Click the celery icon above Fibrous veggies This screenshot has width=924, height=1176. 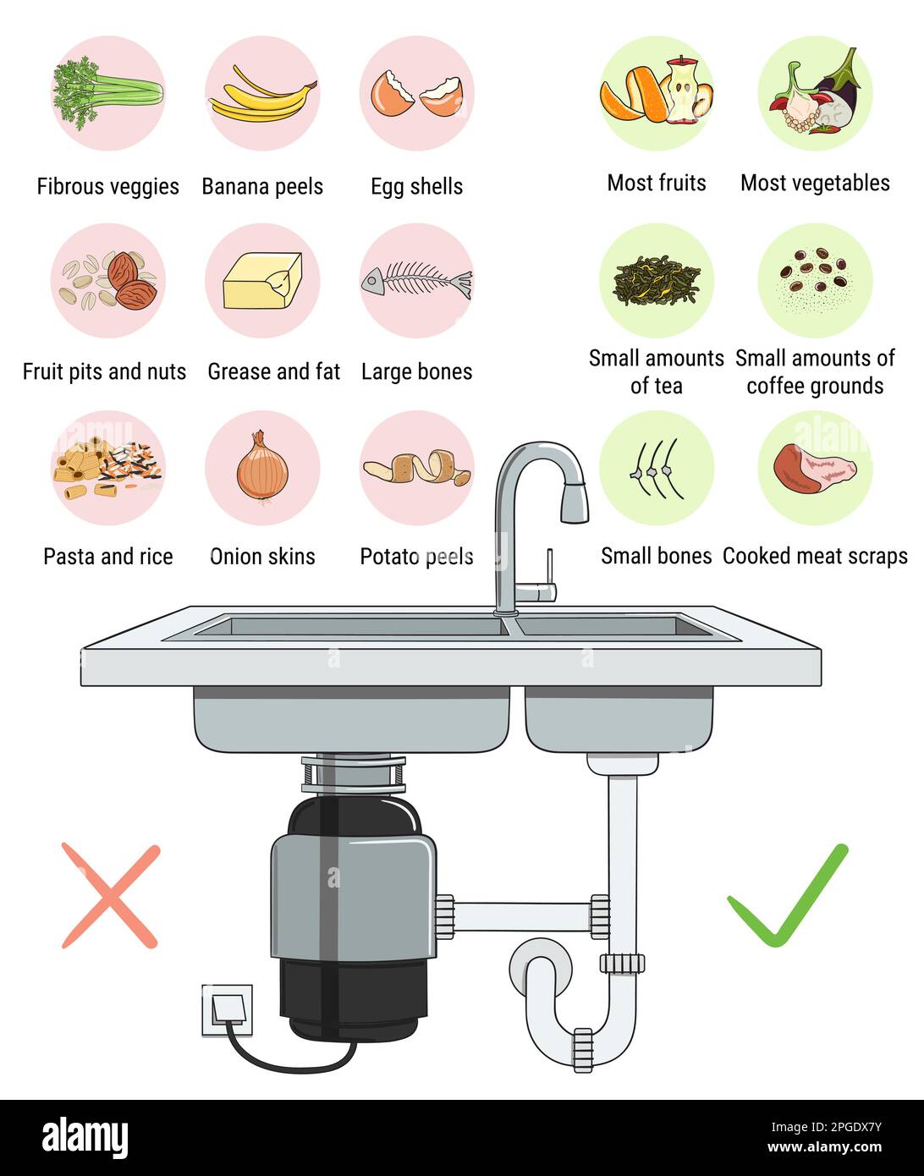point(107,92)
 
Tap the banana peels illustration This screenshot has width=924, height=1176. point(262,95)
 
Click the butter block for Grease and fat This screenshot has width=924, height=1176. point(262,281)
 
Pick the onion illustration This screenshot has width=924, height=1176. point(262,468)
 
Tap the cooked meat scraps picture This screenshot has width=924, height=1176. point(814,468)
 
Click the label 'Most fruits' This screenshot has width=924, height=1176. point(657,183)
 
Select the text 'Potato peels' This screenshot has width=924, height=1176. point(416,557)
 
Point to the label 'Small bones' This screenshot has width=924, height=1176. point(657,556)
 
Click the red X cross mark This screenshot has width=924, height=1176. point(110,896)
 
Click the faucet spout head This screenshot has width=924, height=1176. point(574,505)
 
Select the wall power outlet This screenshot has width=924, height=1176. point(227,1010)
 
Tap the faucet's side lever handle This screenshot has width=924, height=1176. point(548,575)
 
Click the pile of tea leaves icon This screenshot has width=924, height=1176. point(657,279)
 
